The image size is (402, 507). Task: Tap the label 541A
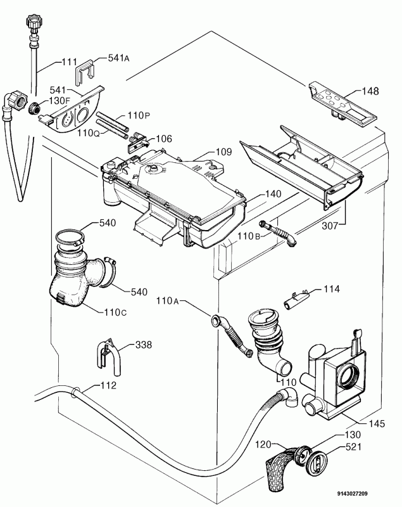118,58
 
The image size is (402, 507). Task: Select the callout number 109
223,152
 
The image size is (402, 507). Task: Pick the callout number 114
330,289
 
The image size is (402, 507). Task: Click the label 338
144,346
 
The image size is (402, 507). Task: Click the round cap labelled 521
314,459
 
